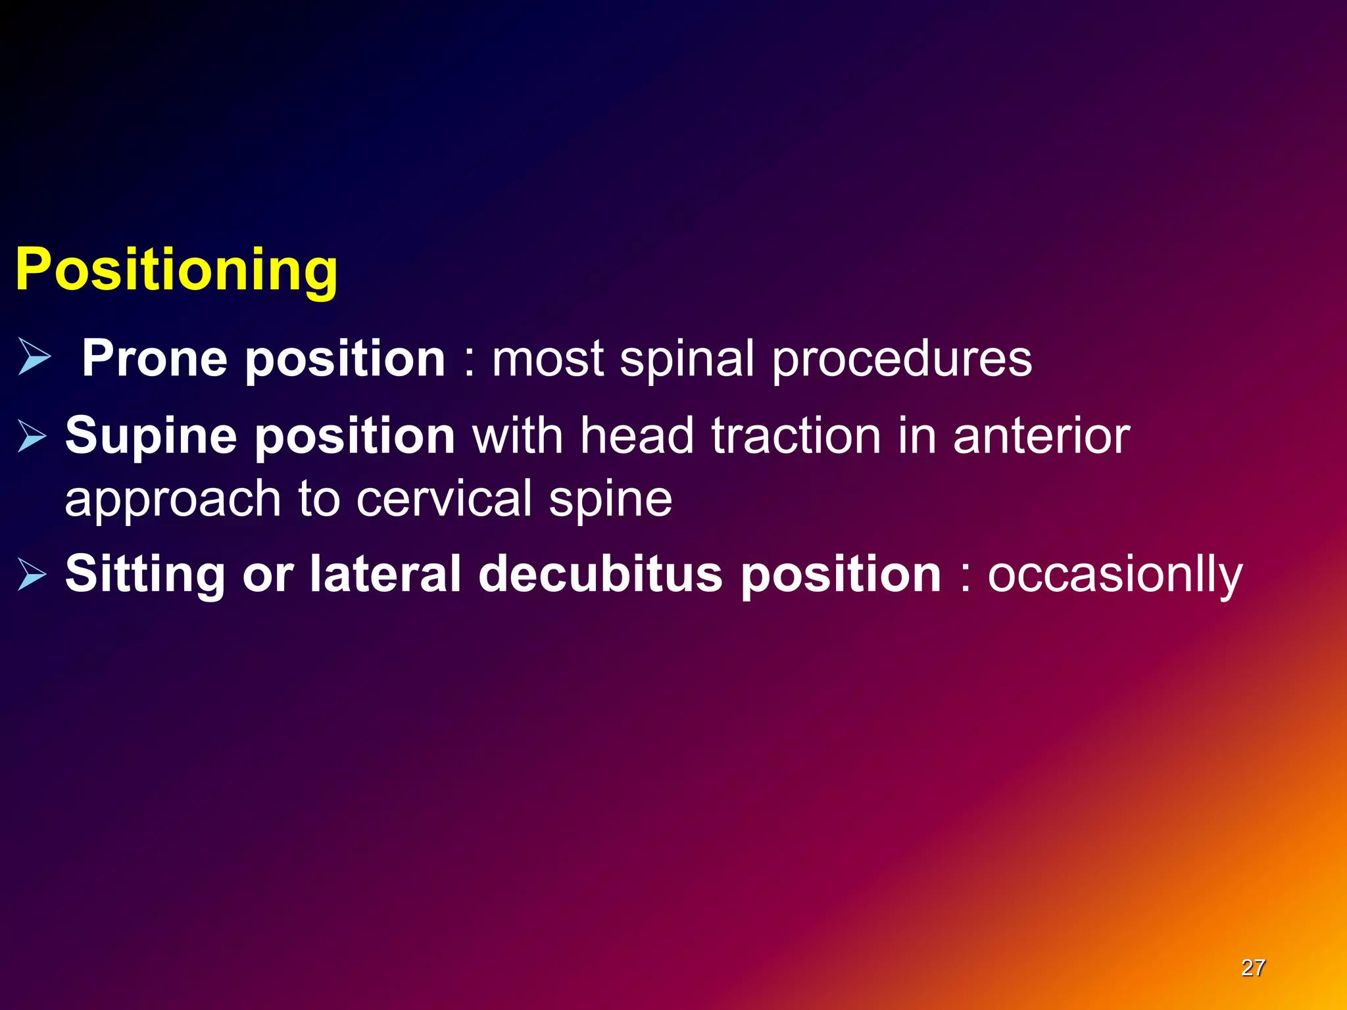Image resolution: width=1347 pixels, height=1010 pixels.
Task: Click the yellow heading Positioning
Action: coord(176,270)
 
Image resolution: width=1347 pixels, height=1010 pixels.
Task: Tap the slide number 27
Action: coord(1252,968)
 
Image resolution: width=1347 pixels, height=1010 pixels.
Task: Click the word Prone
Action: coord(155,358)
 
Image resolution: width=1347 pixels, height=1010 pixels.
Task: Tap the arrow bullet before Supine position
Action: coord(32,437)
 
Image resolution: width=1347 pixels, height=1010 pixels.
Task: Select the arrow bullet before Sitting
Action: coord(32,573)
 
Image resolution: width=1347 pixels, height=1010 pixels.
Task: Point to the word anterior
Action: coord(1041,436)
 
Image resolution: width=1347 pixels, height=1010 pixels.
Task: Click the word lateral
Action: coord(385,573)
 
